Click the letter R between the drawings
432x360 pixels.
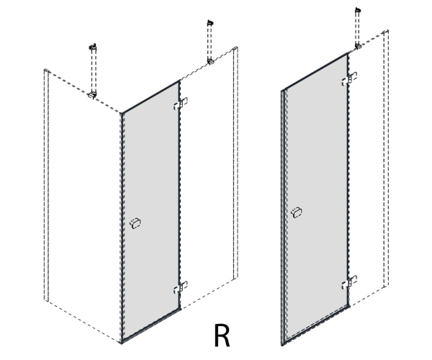click(x=222, y=336)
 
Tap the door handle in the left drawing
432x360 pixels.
click(x=135, y=223)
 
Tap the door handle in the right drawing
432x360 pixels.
click(x=297, y=212)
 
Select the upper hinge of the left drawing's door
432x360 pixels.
click(x=181, y=103)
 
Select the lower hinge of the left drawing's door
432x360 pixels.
click(x=181, y=287)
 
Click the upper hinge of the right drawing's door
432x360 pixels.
click(x=349, y=78)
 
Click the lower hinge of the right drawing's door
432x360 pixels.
click(x=349, y=282)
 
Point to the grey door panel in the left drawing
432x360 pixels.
click(x=150, y=211)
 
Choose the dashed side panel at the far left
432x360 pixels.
click(x=83, y=205)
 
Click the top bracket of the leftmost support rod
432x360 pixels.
click(x=93, y=47)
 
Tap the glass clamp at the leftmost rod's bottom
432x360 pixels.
click(x=92, y=95)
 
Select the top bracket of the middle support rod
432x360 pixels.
click(x=210, y=23)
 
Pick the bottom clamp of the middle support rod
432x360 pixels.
click(x=210, y=61)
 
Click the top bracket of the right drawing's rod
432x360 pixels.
click(x=358, y=11)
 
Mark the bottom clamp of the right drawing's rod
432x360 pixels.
click(x=358, y=46)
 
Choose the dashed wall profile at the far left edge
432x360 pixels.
click(x=46, y=185)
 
